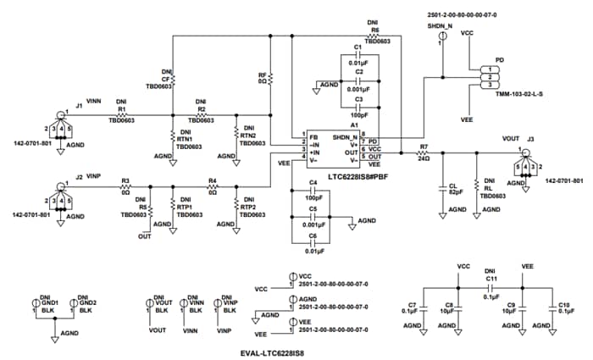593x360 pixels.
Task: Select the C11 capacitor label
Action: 491,277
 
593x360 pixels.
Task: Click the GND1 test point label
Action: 49,302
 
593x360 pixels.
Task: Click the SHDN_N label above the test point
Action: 441,26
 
